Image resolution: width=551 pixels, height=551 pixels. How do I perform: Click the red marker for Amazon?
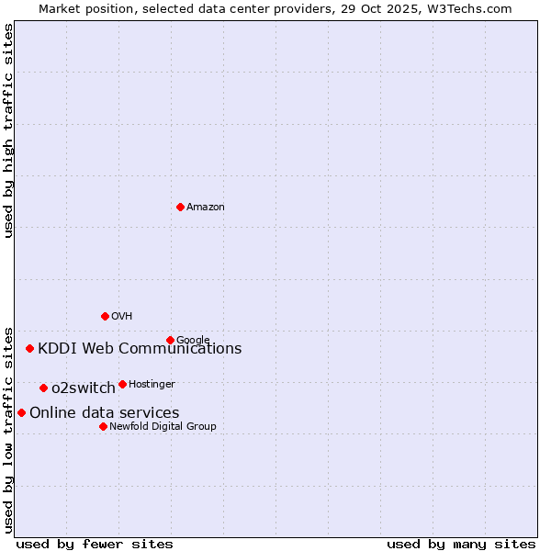[x=180, y=207]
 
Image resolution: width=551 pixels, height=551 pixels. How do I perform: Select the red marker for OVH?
[x=105, y=316]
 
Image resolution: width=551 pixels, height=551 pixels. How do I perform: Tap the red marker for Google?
[x=170, y=340]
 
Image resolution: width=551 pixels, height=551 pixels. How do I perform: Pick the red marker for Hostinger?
[x=122, y=384]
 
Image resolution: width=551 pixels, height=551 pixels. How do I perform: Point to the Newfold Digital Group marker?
[x=103, y=426]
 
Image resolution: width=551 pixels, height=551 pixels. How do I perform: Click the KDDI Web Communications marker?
[x=30, y=348]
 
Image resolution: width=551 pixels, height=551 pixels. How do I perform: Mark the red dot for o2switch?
[x=43, y=388]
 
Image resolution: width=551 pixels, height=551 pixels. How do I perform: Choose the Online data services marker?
[x=21, y=412]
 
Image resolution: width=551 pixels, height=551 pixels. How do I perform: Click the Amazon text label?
[x=205, y=207]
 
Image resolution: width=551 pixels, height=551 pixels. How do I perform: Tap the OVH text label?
[x=121, y=316]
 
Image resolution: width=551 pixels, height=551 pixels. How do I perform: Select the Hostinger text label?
[x=152, y=384]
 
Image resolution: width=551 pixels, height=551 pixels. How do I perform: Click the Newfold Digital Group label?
[x=163, y=426]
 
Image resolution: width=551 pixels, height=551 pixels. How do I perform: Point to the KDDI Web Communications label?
[x=140, y=348]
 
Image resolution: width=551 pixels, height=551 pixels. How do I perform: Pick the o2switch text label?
[x=83, y=388]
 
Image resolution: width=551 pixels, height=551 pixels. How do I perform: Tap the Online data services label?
[x=104, y=412]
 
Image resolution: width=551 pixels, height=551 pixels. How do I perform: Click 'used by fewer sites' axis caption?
[x=95, y=544]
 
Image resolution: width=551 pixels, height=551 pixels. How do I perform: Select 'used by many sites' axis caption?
[x=461, y=544]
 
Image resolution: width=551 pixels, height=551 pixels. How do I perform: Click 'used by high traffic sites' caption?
[x=9, y=130]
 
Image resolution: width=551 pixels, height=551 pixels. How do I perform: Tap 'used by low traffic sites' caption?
[x=9, y=429]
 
